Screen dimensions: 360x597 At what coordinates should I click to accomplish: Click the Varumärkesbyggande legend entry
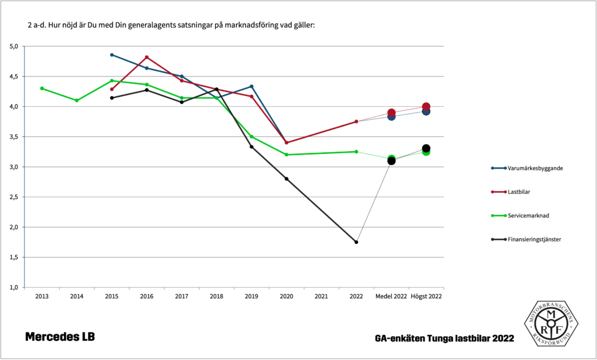[x=528, y=168]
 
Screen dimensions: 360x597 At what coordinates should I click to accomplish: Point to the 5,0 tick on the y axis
[x=14, y=46]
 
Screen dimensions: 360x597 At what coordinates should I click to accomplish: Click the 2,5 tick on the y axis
[x=14, y=197]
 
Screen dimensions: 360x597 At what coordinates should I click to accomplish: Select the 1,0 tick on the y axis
[x=14, y=287]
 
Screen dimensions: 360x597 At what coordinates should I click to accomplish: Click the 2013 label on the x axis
[x=42, y=296]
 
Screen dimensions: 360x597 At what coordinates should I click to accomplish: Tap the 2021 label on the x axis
[x=321, y=296]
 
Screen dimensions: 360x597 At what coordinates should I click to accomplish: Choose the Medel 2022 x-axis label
[x=391, y=296]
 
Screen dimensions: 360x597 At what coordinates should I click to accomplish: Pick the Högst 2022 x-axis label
[x=426, y=296]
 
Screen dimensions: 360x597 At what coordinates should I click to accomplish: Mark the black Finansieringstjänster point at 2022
[x=356, y=242]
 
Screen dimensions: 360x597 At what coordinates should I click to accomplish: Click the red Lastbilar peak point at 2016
[x=147, y=57]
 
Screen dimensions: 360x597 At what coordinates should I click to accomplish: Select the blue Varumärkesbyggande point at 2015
[x=112, y=55]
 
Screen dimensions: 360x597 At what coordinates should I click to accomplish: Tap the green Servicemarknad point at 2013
[x=42, y=88]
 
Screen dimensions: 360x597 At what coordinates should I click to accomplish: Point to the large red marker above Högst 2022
[x=426, y=107]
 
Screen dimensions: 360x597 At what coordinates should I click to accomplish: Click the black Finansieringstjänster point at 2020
[x=286, y=179]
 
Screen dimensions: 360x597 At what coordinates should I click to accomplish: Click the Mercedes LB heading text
[x=59, y=337]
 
